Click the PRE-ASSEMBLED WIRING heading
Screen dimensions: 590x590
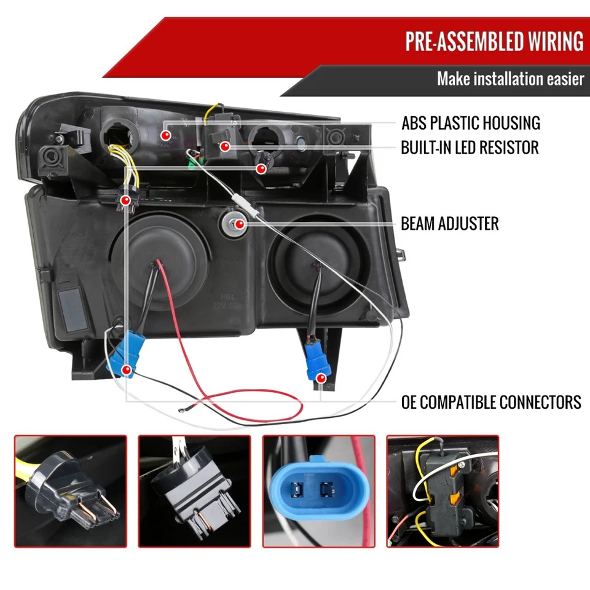(x=494, y=41)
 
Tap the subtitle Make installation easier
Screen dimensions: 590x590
(x=510, y=79)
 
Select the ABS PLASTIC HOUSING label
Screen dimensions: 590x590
(x=470, y=123)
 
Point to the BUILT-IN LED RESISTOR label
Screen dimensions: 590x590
(x=470, y=147)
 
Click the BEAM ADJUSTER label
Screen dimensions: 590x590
(x=449, y=223)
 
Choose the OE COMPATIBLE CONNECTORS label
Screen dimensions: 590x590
(x=490, y=403)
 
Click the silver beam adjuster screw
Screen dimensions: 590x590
(x=232, y=224)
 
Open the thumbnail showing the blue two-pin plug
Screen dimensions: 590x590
(x=318, y=492)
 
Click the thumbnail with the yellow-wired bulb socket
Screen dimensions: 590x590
(x=70, y=492)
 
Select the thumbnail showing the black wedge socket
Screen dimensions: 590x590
(x=194, y=492)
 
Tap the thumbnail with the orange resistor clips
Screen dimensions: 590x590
(x=442, y=492)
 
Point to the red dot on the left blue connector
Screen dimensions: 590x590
(x=126, y=370)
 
